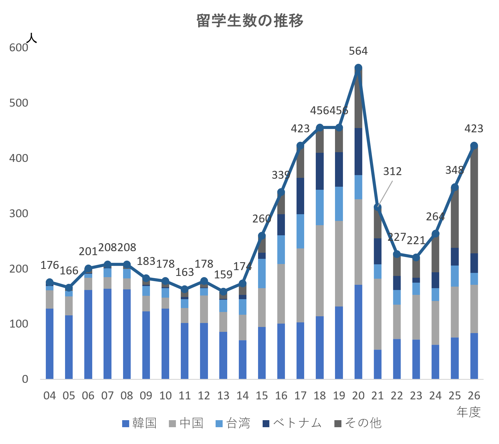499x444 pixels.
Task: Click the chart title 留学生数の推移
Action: click(x=250, y=21)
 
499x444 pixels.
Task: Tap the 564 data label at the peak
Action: click(x=358, y=51)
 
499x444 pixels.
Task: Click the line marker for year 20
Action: click(x=358, y=68)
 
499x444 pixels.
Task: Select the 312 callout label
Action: click(x=392, y=171)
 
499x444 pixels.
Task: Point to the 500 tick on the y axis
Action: click(x=19, y=103)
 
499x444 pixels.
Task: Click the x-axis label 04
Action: click(x=50, y=396)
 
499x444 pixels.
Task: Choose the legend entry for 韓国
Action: click(x=139, y=423)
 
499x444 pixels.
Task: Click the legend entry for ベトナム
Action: click(x=292, y=423)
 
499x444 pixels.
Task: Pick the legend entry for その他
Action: click(x=358, y=423)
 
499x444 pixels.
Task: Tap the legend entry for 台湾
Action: click(x=233, y=423)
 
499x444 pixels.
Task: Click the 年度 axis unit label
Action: click(x=469, y=412)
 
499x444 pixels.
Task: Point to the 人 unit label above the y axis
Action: click(x=32, y=38)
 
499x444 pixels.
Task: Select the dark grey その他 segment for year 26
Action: click(x=474, y=200)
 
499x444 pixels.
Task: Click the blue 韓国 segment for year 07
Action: click(x=107, y=334)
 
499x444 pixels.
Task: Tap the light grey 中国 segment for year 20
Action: click(x=358, y=242)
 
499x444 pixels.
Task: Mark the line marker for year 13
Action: click(x=223, y=292)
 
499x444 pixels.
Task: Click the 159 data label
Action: click(x=223, y=275)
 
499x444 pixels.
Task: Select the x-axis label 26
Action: click(x=474, y=396)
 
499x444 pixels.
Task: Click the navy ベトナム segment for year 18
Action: click(x=320, y=171)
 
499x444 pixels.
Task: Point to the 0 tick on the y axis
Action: click(x=25, y=379)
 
